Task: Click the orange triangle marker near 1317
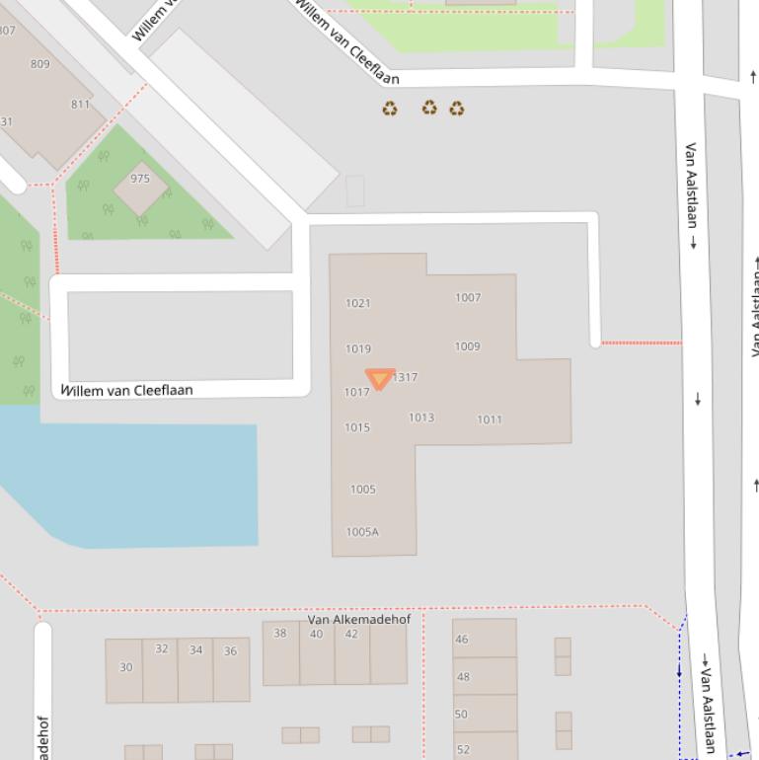point(380,379)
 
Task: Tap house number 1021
point(358,303)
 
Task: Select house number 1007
point(468,297)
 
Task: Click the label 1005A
point(362,532)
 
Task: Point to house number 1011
point(490,419)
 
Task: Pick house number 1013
point(421,418)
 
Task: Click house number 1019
point(358,348)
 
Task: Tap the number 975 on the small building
point(140,179)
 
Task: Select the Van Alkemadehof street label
point(359,620)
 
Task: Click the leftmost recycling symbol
point(390,108)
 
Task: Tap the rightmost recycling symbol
point(457,108)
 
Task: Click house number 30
point(125,667)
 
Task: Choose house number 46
point(462,640)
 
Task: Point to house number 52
point(462,750)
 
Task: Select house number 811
point(80,104)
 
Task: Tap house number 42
point(351,634)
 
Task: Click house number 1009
point(468,346)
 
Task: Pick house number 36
point(230,650)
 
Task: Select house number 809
point(39,64)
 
